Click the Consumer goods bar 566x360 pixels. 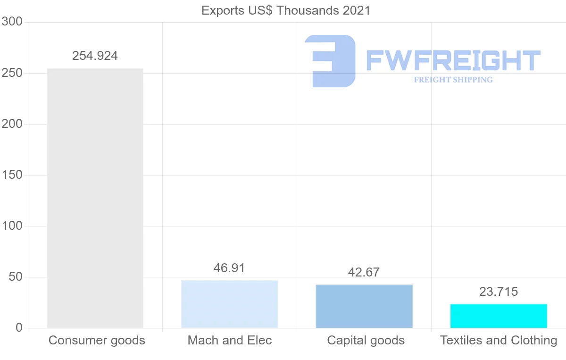(x=95, y=198)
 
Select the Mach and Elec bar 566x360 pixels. (x=230, y=304)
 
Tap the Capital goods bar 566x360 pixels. (x=364, y=306)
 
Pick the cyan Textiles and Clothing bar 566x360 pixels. (x=499, y=316)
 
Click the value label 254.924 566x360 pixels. (x=95, y=56)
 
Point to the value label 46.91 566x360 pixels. (x=229, y=268)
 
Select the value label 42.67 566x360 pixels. (x=364, y=272)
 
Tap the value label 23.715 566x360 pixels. (x=499, y=292)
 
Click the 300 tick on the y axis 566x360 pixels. (x=12, y=22)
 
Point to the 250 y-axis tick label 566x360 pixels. (x=12, y=73)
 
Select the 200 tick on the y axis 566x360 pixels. (x=12, y=124)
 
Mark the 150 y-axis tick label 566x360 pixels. (x=12, y=175)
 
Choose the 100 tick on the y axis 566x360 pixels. (x=12, y=226)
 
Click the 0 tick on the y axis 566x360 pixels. (x=19, y=328)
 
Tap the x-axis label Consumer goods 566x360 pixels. (x=97, y=340)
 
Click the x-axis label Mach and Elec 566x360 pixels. (x=230, y=340)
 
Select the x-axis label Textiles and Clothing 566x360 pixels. (x=499, y=340)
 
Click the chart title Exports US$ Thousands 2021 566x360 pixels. (x=286, y=10)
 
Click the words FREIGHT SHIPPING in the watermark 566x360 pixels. (x=453, y=80)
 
